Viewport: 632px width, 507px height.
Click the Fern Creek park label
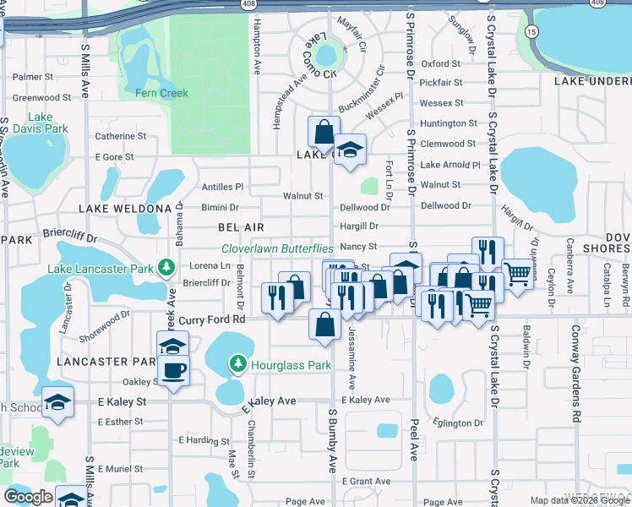pyautogui.click(x=161, y=93)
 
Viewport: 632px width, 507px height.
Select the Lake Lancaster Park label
pyautogui.click(x=101, y=270)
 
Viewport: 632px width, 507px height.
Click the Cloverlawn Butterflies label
pyautogui.click(x=277, y=248)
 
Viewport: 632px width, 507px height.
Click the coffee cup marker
pyautogui.click(x=174, y=371)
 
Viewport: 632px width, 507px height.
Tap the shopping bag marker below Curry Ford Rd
pyautogui.click(x=324, y=324)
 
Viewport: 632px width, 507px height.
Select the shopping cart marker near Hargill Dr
pyautogui.click(x=516, y=272)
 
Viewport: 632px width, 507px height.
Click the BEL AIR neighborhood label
pyautogui.click(x=241, y=227)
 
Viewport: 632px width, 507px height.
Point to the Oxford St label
pyautogui.click(x=440, y=63)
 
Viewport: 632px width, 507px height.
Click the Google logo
pyautogui.click(x=28, y=496)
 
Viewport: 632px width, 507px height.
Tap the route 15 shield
pyautogui.click(x=530, y=31)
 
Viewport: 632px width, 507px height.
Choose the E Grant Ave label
pyautogui.click(x=367, y=481)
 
